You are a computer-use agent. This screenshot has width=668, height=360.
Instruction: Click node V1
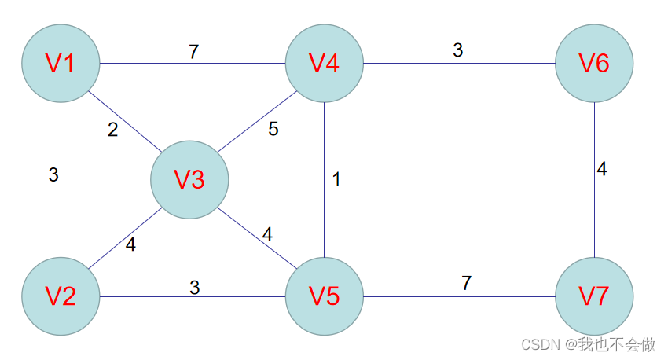pos(61,63)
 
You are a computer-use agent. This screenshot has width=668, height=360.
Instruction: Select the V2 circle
pos(61,296)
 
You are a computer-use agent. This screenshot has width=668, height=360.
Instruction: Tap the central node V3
pos(189,180)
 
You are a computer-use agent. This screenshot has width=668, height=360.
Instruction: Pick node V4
pos(325,63)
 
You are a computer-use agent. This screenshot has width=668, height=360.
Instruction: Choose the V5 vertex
pos(325,296)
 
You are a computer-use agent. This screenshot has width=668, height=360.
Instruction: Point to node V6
pos(594,63)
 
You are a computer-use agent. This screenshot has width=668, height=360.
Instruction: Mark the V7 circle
pos(594,296)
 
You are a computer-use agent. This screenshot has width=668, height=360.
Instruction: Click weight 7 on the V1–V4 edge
pos(193,52)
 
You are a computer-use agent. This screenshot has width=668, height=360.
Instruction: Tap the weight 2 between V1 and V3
pos(113,130)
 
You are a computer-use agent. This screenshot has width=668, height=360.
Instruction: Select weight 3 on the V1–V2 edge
pos(53,175)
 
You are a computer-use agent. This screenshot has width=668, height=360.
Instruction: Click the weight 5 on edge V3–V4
pos(273,129)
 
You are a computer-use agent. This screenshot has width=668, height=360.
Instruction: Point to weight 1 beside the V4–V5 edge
pos(336,179)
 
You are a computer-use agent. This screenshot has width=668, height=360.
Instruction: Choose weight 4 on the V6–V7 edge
pos(602,169)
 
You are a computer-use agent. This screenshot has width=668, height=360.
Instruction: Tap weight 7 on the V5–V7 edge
pos(466,284)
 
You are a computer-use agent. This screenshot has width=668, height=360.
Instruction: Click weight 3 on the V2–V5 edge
pos(195,288)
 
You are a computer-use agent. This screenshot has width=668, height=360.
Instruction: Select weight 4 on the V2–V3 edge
pos(130,244)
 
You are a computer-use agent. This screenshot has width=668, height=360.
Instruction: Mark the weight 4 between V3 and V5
pos(267,234)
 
